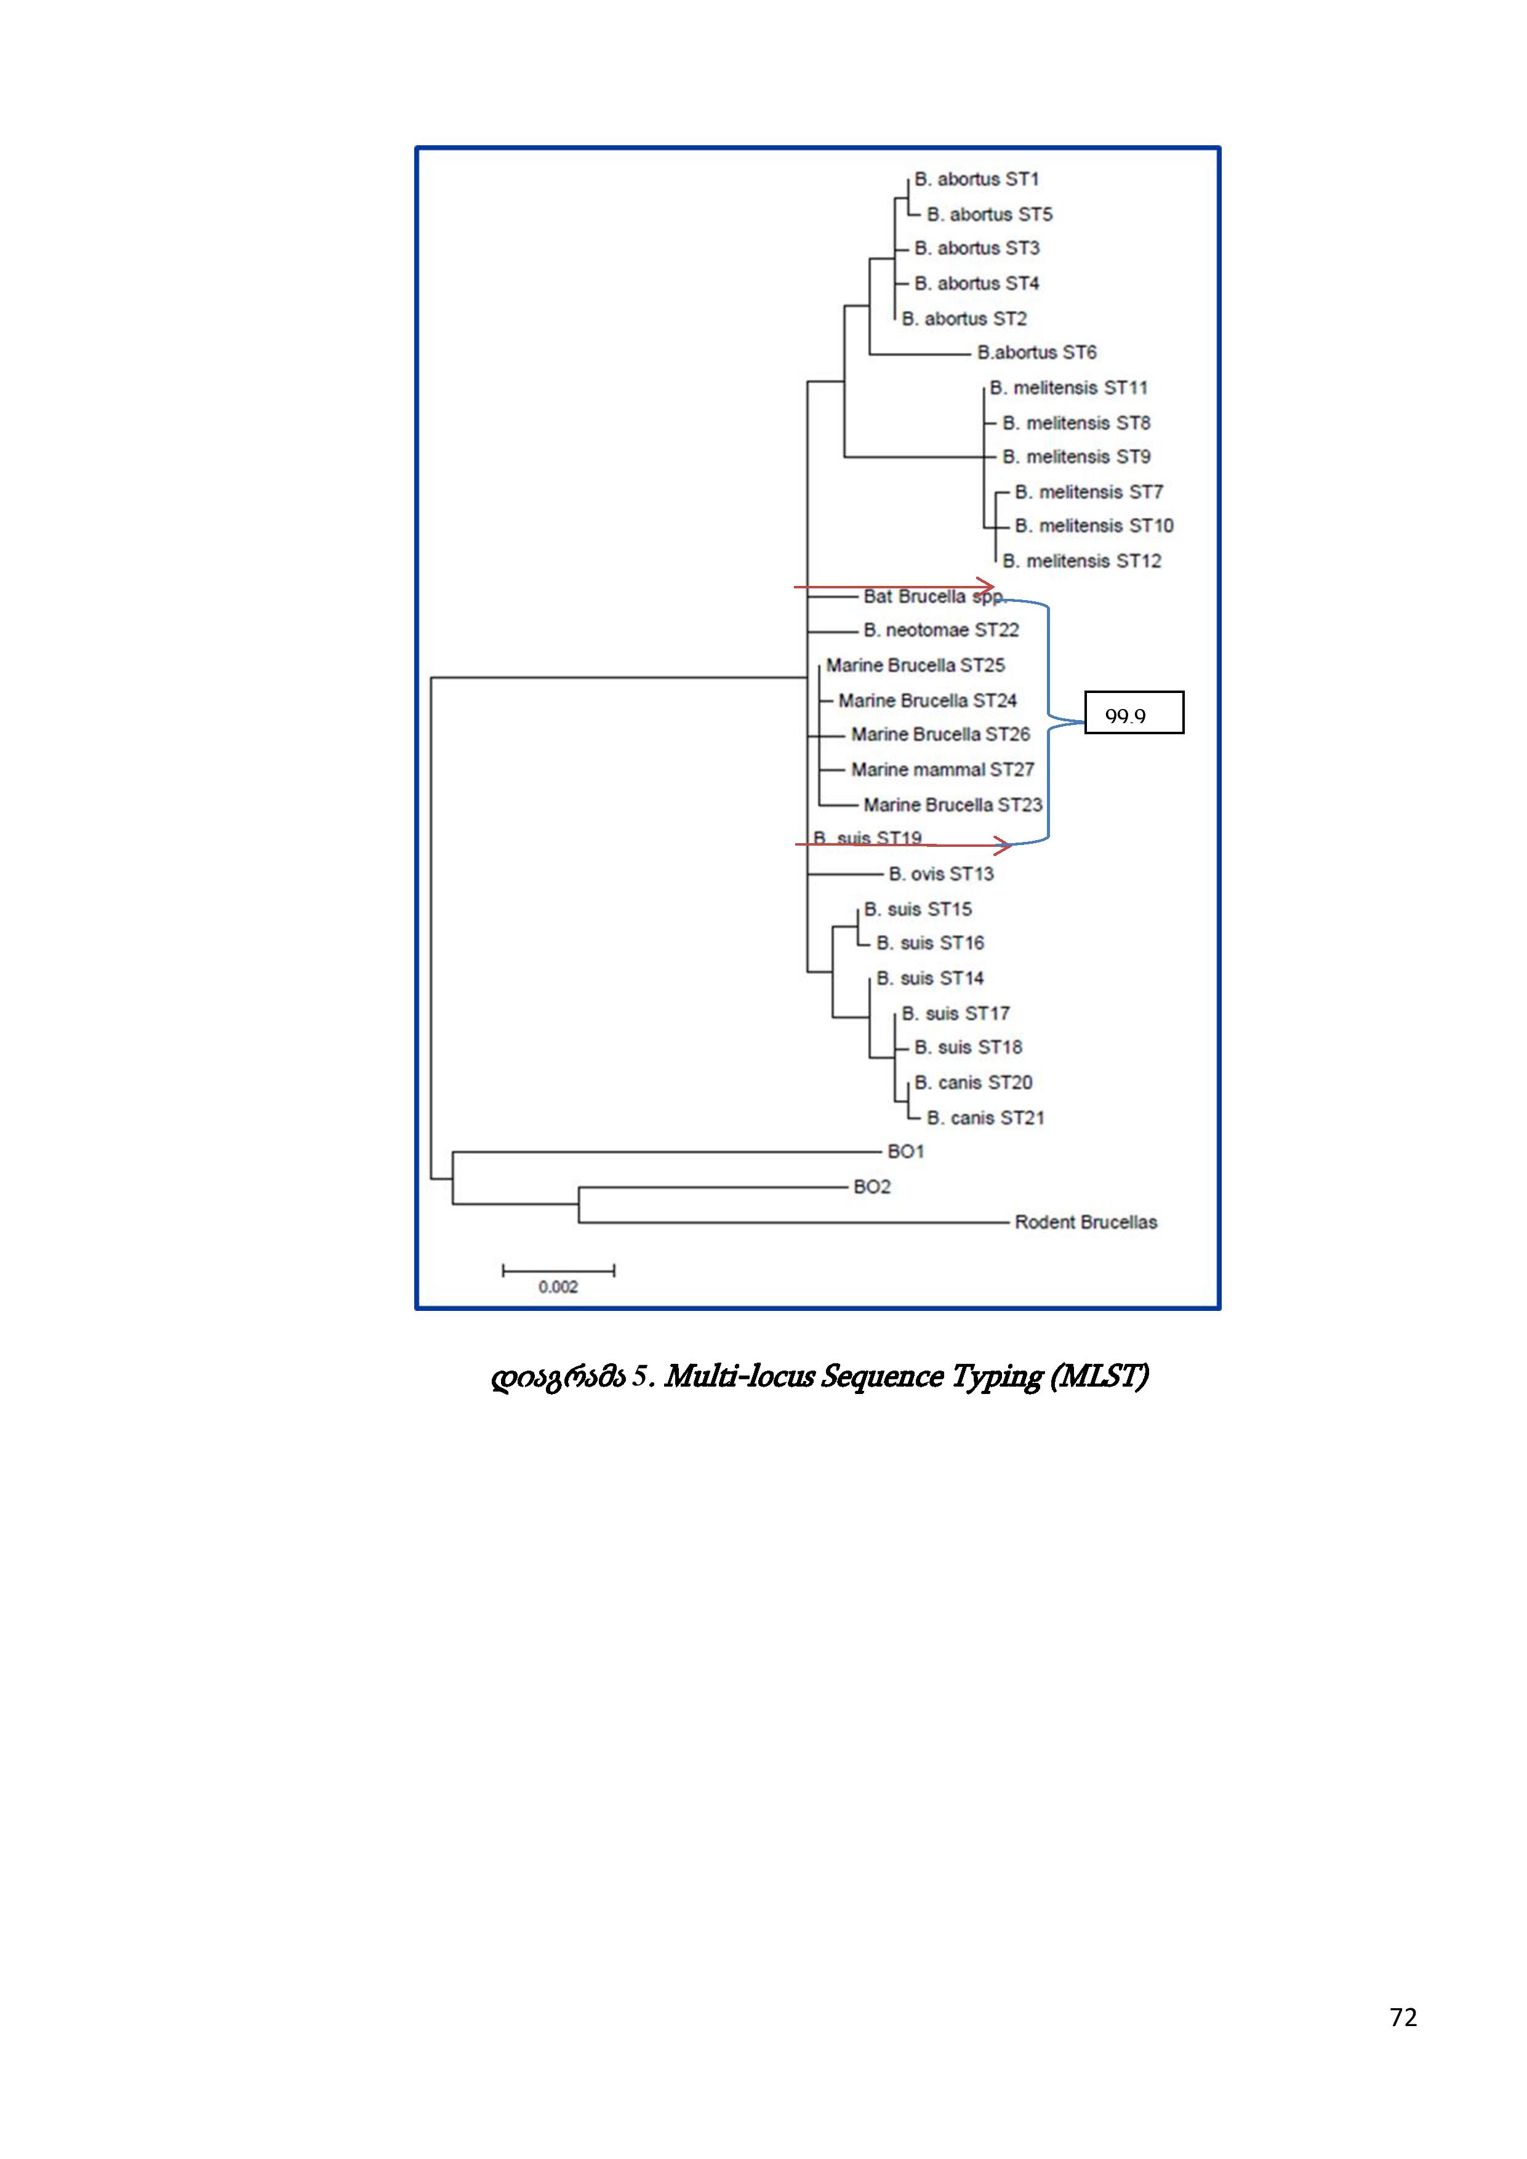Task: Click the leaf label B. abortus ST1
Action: coord(976,178)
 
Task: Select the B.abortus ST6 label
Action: coord(1036,353)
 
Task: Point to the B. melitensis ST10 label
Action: coord(1094,526)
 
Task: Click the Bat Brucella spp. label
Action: coord(932,596)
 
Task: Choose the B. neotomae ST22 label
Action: coord(941,630)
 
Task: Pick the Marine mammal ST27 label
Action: coord(942,769)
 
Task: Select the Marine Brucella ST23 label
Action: coord(953,805)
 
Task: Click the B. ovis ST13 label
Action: coord(941,873)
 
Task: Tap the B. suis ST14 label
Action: coord(930,978)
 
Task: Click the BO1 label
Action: coord(905,1151)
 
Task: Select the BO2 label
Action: coord(872,1187)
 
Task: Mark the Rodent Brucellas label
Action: coord(1086,1222)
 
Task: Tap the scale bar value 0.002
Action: coord(558,1286)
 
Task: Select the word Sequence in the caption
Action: coord(881,1377)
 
